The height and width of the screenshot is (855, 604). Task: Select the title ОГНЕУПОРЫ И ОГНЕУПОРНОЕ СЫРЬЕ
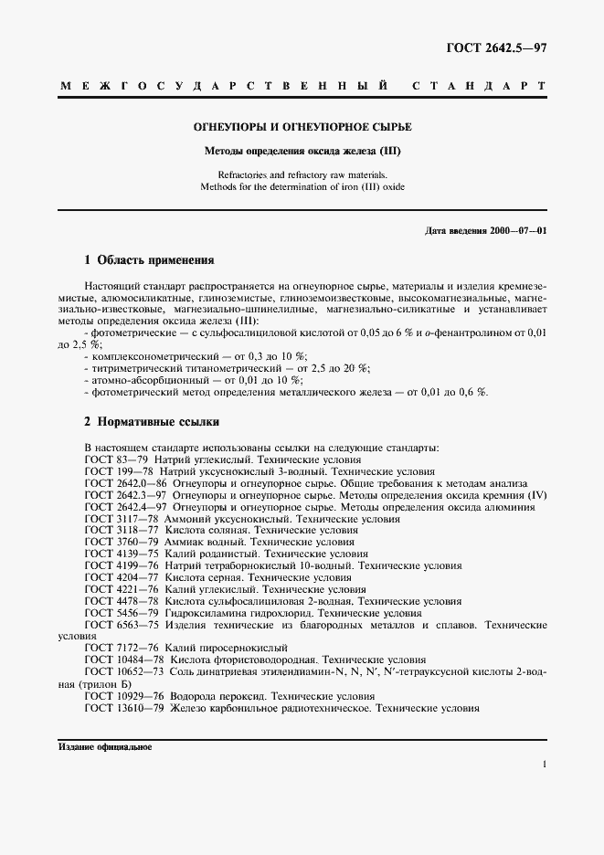click(x=302, y=127)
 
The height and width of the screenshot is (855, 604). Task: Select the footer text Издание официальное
click(x=104, y=746)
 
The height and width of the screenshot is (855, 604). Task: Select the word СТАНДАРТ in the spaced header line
click(x=479, y=86)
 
